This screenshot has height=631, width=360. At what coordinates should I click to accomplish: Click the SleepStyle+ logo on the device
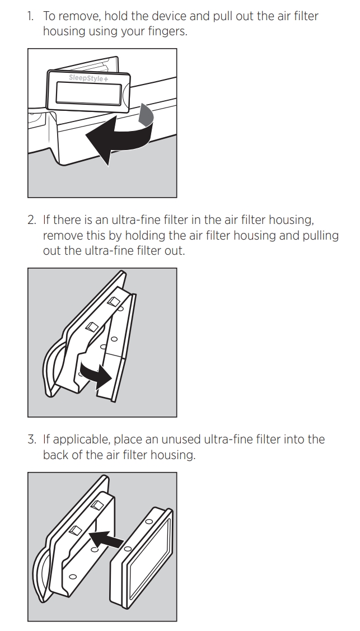88,78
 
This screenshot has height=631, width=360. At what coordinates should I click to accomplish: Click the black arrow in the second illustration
96,374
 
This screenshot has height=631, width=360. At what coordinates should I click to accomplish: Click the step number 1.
30,16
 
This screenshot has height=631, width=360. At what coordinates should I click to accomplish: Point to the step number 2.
31,220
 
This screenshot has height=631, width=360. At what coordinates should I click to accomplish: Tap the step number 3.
31,440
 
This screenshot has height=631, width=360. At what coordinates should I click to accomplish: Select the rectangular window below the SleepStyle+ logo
88,93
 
